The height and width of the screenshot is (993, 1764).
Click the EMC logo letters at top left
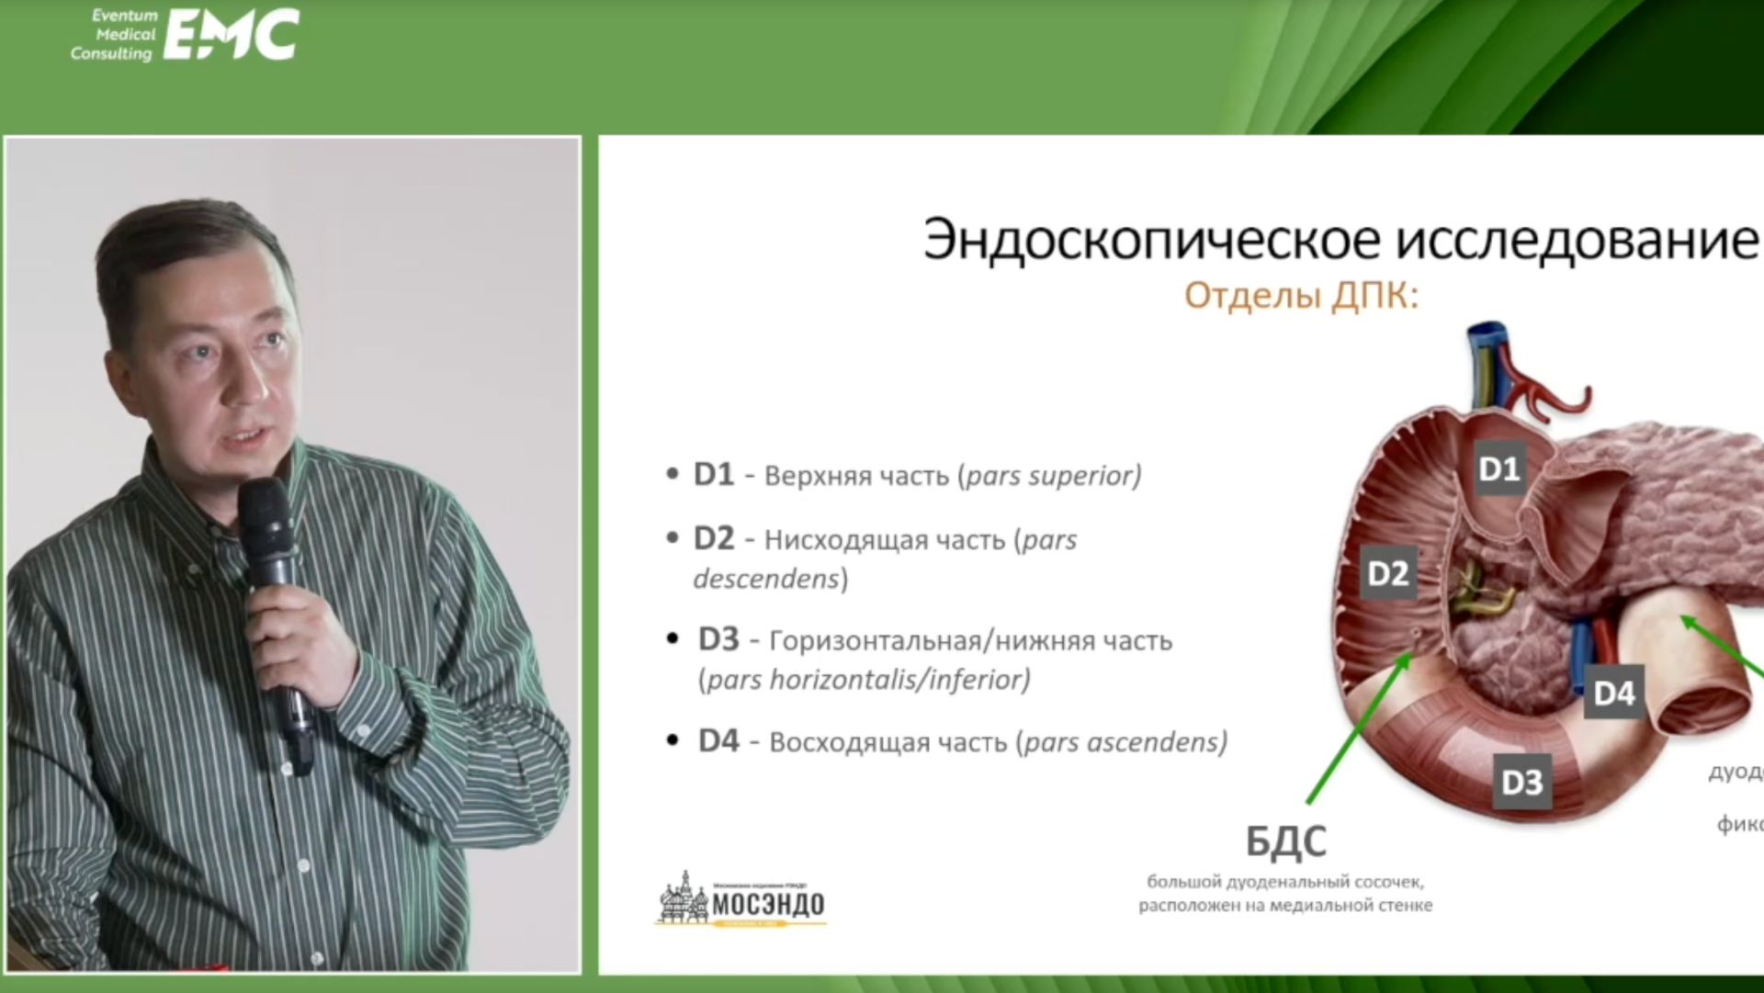pos(231,36)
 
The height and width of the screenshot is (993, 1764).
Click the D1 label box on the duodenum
pos(1498,468)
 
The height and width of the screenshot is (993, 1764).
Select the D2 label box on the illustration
pos(1387,573)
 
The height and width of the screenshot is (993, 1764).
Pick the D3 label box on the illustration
pos(1521,782)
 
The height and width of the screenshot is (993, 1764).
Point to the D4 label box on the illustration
pos(1613,693)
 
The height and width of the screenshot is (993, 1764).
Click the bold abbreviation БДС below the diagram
pos(1285,841)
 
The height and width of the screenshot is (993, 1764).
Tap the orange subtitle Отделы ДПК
pos(1301,297)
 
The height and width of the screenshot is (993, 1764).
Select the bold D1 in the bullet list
pos(713,475)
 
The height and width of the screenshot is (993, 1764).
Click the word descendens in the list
pos(765,579)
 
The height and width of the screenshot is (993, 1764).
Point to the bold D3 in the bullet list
pos(718,639)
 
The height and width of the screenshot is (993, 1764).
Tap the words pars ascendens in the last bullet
pos(1123,741)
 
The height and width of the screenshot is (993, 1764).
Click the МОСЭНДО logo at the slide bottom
pos(742,902)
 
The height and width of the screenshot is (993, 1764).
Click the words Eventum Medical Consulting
pos(116,35)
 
